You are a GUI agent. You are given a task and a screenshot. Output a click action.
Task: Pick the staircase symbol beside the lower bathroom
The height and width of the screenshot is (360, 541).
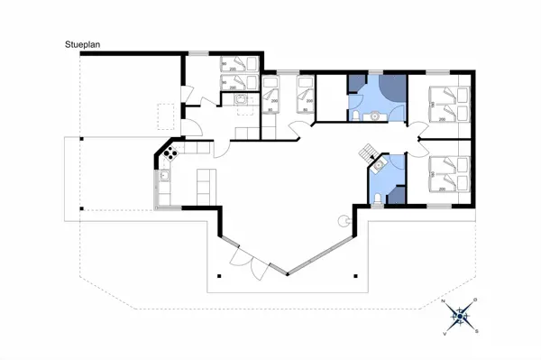(369, 152)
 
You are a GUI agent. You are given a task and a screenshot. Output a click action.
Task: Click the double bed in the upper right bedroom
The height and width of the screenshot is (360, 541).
(448, 105)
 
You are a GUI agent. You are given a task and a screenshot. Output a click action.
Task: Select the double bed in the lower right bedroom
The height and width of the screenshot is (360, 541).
(448, 174)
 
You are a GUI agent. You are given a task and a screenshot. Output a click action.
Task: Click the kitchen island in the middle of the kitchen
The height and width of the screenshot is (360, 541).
(204, 183)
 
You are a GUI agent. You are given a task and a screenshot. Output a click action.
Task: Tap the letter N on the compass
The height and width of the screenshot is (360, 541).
(444, 300)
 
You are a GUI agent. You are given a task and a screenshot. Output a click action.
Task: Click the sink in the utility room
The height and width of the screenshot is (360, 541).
(241, 101)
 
